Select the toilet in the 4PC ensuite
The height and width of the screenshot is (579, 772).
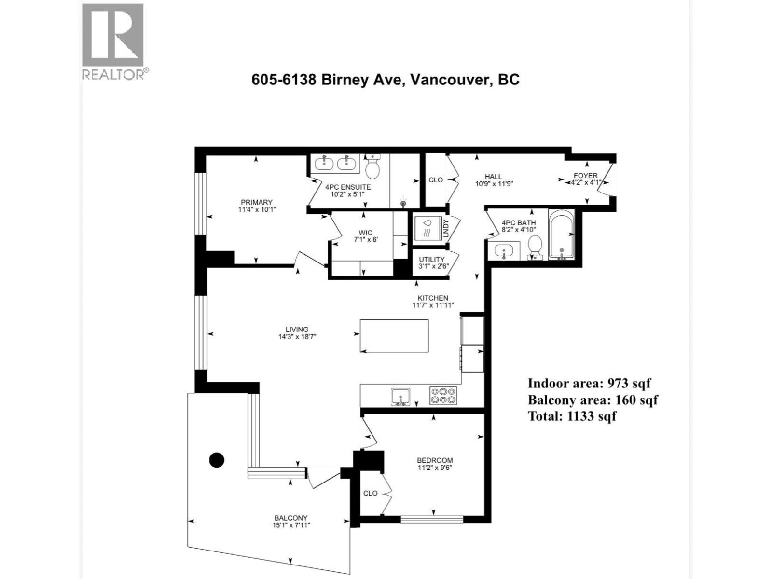(x=372, y=167)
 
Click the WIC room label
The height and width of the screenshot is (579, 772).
(x=365, y=233)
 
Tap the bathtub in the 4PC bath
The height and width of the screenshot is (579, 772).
(x=561, y=235)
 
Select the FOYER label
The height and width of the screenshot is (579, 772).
(x=585, y=176)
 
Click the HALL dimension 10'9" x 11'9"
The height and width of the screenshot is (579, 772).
(x=493, y=183)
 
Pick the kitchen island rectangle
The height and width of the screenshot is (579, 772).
(x=394, y=336)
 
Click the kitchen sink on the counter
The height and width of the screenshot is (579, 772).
(x=400, y=397)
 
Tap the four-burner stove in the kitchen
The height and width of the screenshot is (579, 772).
(x=443, y=396)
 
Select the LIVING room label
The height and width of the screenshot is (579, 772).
(x=296, y=330)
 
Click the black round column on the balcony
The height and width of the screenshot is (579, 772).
(x=217, y=460)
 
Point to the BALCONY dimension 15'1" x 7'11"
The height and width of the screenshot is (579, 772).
(x=290, y=525)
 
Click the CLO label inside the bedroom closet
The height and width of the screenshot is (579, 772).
(x=370, y=493)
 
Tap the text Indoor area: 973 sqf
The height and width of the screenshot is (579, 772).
(x=589, y=383)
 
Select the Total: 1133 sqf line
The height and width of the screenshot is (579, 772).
(x=572, y=416)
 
